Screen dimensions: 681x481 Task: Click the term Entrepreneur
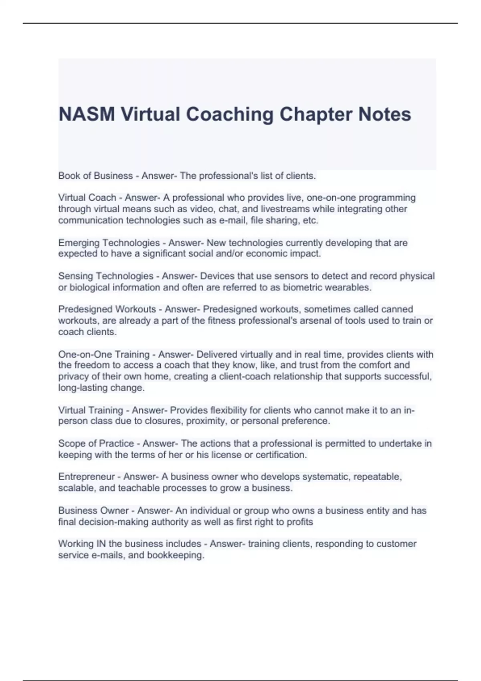(x=86, y=477)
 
